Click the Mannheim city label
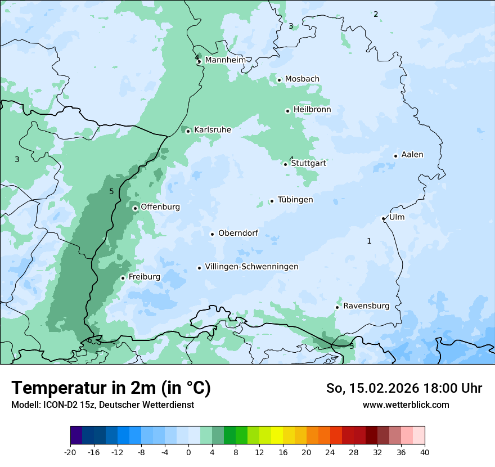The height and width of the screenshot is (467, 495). click(225, 60)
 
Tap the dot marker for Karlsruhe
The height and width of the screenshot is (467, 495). click(188, 131)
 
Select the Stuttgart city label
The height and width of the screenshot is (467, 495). click(308, 164)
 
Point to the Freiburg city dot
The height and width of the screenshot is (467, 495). click(123, 278)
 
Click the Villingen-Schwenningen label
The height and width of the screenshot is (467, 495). click(251, 267)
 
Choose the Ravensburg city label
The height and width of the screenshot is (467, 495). click(366, 306)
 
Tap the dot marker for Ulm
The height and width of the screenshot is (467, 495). click(383, 218)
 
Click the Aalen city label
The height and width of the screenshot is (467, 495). click(412, 155)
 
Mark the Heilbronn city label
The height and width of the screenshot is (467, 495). click(312, 110)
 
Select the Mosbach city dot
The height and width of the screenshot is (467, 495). click(279, 80)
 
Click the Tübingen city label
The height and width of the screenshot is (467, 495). click(295, 200)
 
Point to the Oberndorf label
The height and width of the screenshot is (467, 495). click(238, 233)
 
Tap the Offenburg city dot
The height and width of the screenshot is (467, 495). click(135, 208)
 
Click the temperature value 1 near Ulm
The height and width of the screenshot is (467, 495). click(369, 241)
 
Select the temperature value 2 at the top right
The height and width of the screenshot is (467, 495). click(376, 14)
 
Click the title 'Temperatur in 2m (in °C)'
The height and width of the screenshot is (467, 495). click(111, 388)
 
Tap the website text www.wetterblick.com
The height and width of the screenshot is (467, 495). click(406, 405)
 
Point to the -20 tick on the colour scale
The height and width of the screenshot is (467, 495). click(70, 452)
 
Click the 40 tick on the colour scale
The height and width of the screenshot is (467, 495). click(424, 452)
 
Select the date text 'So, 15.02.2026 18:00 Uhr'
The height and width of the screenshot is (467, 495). click(404, 388)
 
